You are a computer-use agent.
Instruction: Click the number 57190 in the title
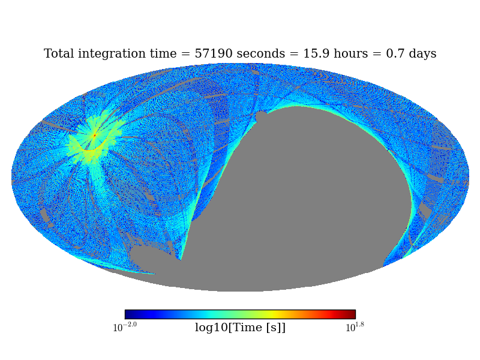tap(213, 54)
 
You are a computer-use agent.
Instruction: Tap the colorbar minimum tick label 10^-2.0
tap(125, 328)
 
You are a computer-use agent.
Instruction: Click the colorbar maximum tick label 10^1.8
tap(355, 328)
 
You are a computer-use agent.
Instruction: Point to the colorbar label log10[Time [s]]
tap(240, 328)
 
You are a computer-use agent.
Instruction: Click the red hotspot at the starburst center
tap(94, 136)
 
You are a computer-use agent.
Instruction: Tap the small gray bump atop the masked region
tap(261, 116)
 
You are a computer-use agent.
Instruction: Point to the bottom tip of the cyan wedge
tap(180, 259)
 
